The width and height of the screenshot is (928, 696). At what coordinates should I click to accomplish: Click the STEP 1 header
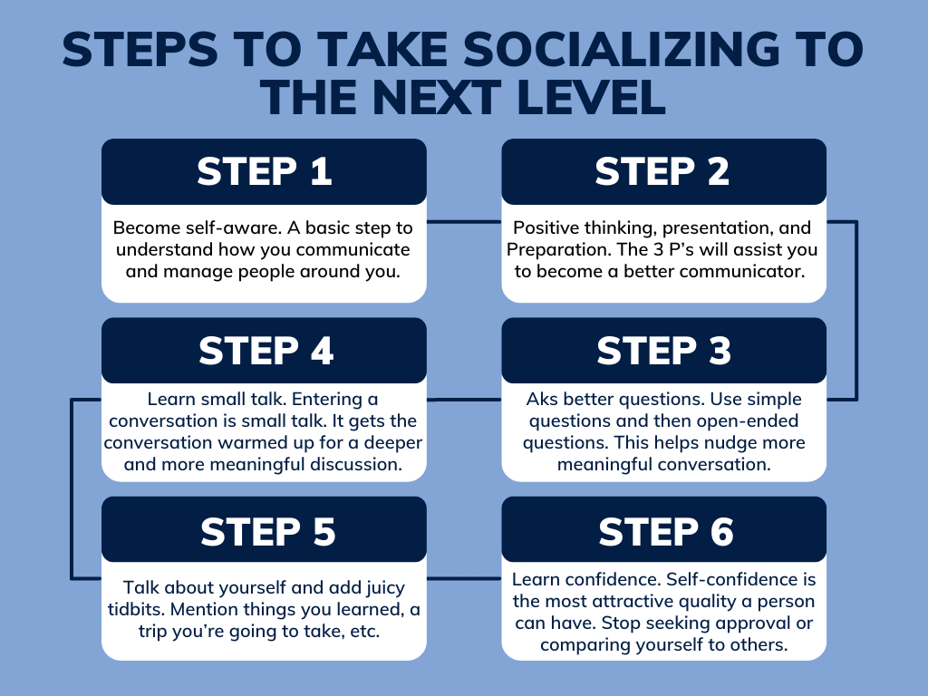264,171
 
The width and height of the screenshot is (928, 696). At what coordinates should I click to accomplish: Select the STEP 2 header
663,171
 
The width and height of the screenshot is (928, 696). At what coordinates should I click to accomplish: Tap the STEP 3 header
663,351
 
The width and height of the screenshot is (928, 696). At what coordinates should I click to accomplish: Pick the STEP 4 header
264,351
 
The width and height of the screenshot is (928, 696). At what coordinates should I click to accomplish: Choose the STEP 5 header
264,531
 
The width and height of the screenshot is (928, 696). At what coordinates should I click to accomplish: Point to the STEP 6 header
663,531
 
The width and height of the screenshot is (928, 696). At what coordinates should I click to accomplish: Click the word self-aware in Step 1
217,227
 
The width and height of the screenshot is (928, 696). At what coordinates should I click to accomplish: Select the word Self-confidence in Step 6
725,579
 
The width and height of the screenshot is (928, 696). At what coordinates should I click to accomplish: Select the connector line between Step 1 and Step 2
463,221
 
